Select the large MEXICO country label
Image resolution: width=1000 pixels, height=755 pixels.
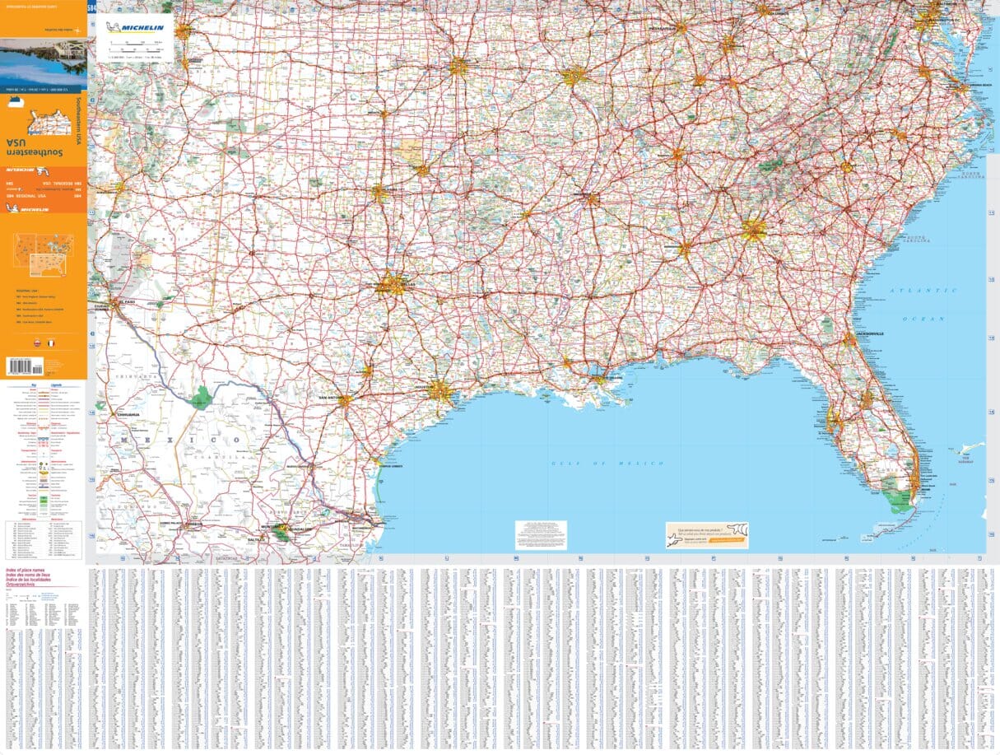[181, 440]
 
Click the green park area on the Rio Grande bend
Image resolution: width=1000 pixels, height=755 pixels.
[201, 398]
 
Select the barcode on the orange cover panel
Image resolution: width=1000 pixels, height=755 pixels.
[24, 365]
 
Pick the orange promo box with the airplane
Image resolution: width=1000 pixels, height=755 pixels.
[707, 534]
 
